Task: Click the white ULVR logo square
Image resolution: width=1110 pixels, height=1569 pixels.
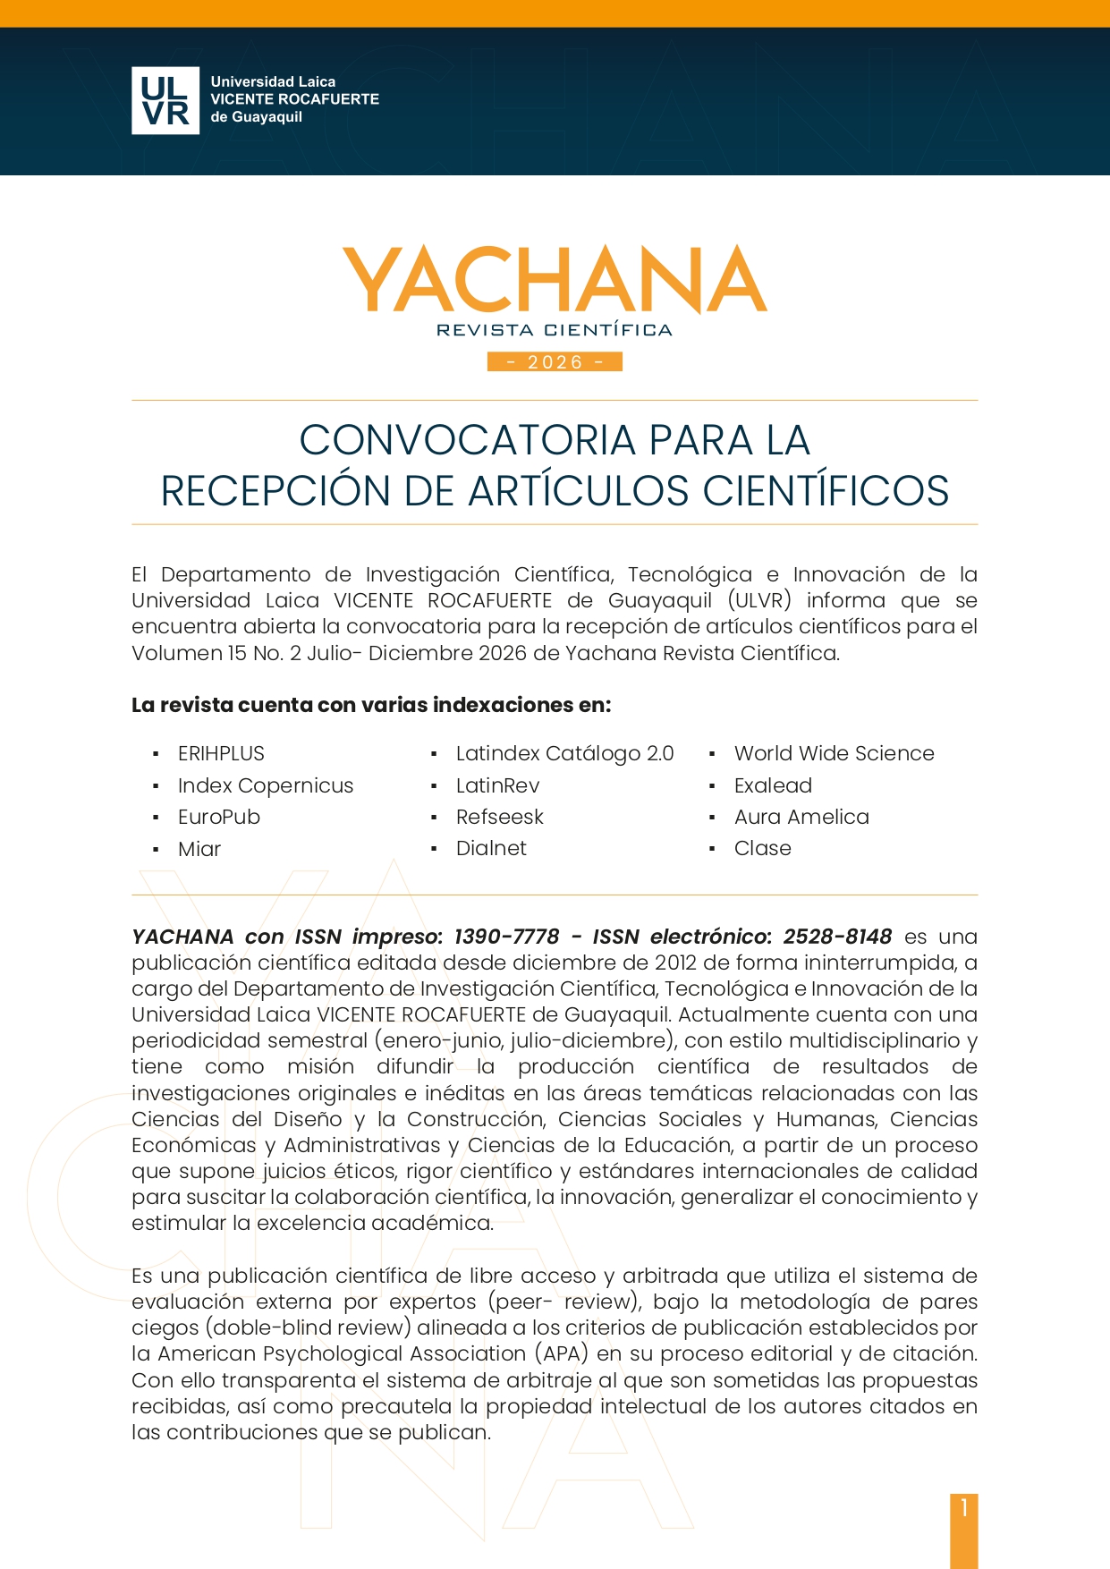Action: pos(165,100)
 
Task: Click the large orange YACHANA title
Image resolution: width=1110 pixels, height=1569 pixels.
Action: pos(555,279)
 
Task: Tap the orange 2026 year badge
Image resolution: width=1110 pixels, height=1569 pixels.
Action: pos(555,361)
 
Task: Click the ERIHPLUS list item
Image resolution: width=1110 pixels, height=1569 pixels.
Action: pos(221,753)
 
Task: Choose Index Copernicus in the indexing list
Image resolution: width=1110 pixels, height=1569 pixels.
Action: pos(266,785)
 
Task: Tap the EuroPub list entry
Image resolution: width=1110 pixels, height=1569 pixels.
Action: pos(219,817)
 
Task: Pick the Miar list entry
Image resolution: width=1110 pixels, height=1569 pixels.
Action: pos(199,849)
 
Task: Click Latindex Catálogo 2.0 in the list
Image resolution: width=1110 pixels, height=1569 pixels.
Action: pos(564,753)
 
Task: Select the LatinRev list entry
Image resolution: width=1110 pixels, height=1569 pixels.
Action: pos(497,785)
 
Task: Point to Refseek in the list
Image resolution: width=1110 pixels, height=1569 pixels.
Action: pos(499,817)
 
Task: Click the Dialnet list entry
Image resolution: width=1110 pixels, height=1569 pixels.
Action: pos(491,848)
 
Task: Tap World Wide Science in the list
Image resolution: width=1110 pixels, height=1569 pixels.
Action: pos(834,753)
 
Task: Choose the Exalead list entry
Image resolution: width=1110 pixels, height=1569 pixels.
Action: pos(773,785)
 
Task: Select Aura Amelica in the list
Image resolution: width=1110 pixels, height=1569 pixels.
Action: pos(801,817)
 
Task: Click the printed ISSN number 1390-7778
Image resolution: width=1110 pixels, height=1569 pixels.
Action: pos(506,937)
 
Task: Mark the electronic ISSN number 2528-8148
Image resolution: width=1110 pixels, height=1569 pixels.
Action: pos(837,937)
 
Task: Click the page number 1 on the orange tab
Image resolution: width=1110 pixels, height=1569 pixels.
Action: pos(964,1508)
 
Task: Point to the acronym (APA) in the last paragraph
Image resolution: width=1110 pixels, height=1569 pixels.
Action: pos(561,1353)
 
